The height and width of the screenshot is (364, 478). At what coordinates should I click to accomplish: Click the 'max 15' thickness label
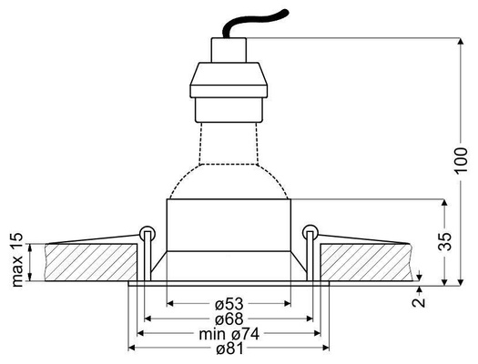click(16, 260)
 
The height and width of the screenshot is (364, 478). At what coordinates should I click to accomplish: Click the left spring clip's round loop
click(147, 229)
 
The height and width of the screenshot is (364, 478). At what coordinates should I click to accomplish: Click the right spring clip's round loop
click(310, 229)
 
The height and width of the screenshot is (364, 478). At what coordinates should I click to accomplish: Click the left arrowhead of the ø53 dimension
click(170, 303)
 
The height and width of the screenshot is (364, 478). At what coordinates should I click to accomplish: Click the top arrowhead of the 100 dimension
click(455, 42)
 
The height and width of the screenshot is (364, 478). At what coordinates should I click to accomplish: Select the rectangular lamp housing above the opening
click(228, 226)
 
